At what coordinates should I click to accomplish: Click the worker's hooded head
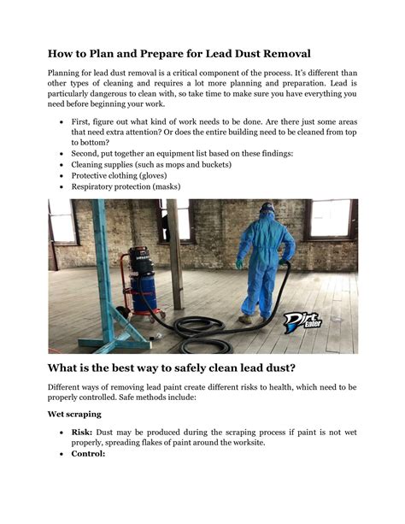267,210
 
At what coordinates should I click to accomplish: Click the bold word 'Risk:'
82,433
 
